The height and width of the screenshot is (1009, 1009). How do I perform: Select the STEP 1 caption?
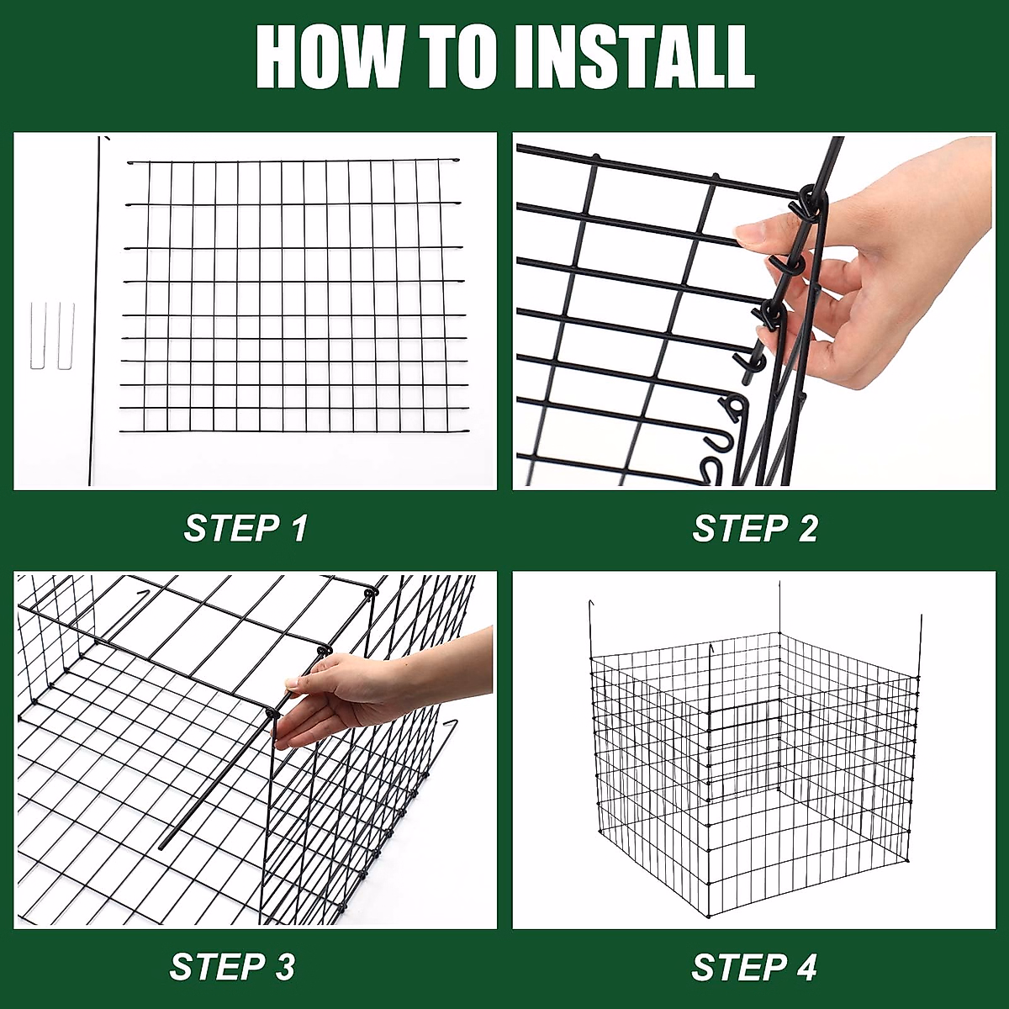[x=245, y=528]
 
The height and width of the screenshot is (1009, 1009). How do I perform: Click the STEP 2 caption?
[x=754, y=528]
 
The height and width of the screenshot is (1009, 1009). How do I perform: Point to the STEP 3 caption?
[x=232, y=965]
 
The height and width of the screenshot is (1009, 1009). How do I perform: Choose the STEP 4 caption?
[x=754, y=967]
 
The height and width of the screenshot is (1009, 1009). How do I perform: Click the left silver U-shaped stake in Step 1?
[x=38, y=335]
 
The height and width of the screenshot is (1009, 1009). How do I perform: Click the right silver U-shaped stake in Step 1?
[x=66, y=335]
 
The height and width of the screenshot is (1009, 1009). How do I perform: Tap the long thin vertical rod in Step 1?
[x=94, y=311]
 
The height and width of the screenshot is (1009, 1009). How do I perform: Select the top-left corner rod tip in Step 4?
[x=590, y=601]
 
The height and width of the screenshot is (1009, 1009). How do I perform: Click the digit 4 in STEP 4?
[x=806, y=967]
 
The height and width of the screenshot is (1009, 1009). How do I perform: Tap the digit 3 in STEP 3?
[x=284, y=965]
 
